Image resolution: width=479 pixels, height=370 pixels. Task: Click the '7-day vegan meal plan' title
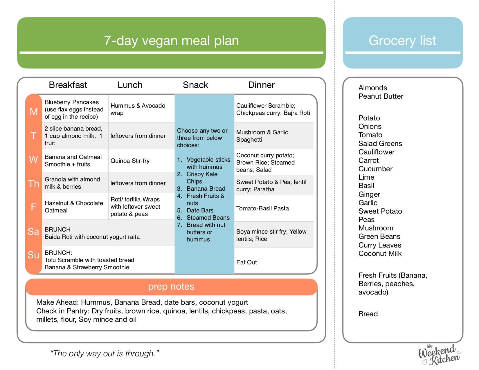[171, 41]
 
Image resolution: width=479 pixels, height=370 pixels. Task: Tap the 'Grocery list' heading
[402, 41]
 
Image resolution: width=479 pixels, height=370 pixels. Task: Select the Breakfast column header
[68, 85]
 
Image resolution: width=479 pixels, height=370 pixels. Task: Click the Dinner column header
[261, 85]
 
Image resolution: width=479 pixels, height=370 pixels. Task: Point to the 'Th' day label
[33, 183]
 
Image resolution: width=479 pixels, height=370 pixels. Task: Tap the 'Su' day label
[33, 255]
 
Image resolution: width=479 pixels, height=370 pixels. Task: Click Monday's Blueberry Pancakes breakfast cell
[74, 109]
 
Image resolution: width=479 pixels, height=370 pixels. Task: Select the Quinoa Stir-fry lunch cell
[130, 161]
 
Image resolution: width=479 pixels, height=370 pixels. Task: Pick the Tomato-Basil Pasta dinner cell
[262, 208]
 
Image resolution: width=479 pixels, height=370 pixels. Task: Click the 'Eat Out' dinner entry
[246, 262]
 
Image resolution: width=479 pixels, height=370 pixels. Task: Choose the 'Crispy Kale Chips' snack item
[202, 178]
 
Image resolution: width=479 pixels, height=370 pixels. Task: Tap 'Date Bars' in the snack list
[200, 210]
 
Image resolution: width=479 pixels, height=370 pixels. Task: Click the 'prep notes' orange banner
[171, 287]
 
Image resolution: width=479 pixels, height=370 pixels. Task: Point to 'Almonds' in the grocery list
[373, 88]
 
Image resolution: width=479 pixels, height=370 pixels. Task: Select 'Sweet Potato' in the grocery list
[380, 211]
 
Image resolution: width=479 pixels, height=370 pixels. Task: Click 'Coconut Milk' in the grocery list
[380, 254]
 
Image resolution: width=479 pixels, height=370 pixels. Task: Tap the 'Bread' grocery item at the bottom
[368, 314]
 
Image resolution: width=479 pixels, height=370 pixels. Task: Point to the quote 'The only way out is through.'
[105, 353]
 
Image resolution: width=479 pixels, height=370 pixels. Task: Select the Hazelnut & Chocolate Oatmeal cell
[74, 207]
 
